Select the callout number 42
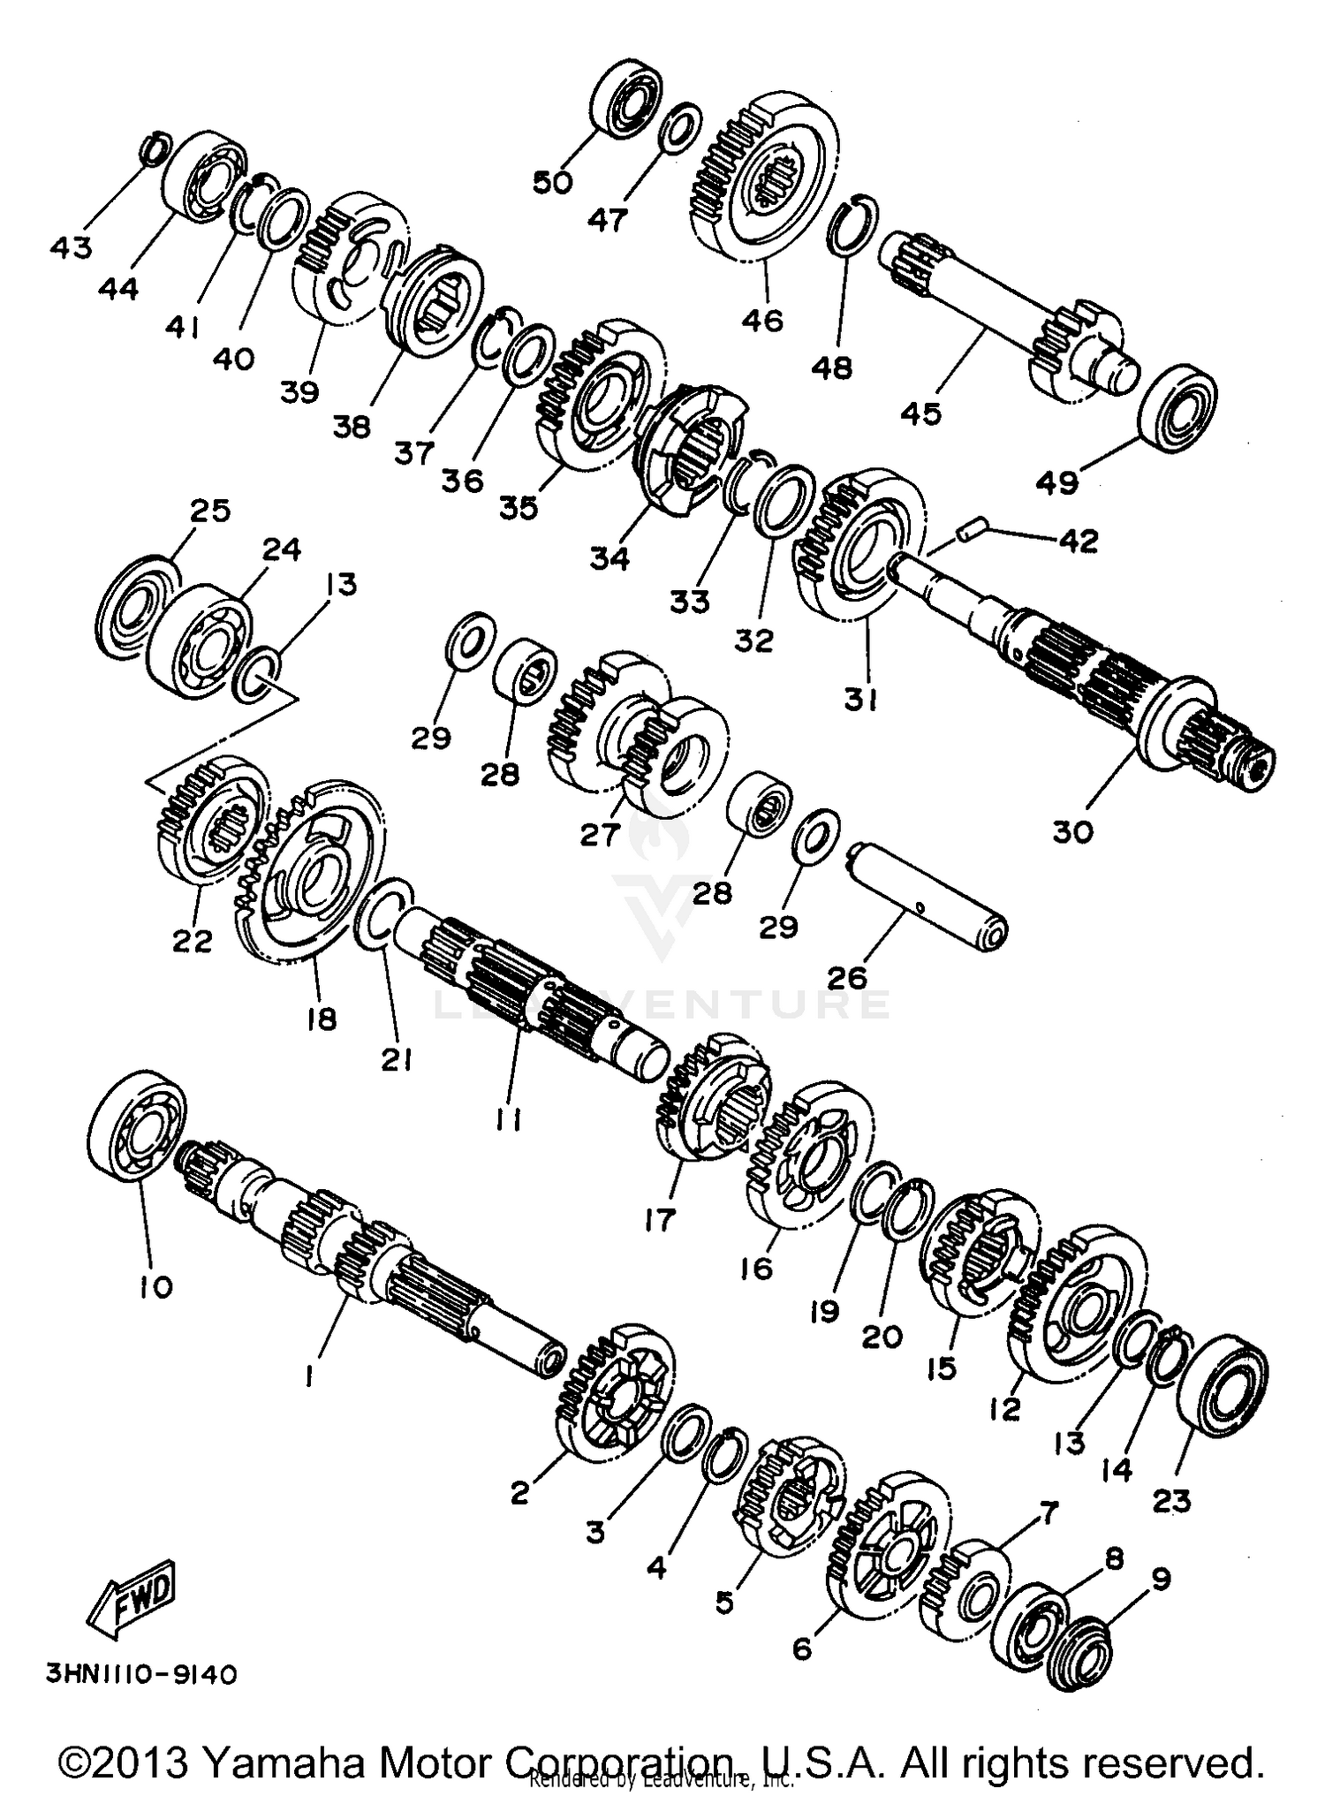(x=1076, y=541)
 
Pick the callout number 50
(x=553, y=182)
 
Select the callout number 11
(x=508, y=1119)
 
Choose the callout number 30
(x=1072, y=831)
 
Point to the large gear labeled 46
(x=761, y=177)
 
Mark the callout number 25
(x=210, y=511)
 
